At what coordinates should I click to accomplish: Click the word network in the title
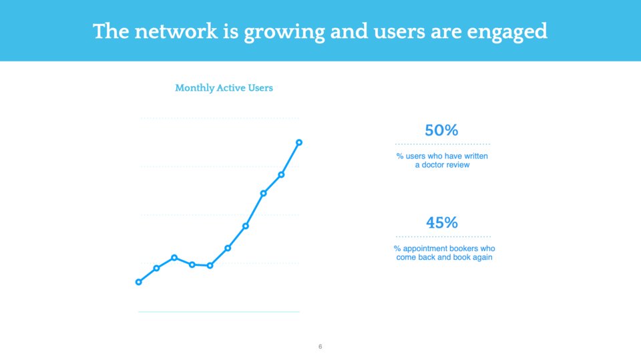point(176,31)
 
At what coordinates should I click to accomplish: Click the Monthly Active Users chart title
point(224,88)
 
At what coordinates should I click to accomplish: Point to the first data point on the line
point(139,282)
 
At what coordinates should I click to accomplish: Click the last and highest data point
point(299,142)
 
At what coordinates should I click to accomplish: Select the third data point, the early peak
point(174,258)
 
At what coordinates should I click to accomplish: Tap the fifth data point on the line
point(210,266)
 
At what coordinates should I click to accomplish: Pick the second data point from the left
point(156,268)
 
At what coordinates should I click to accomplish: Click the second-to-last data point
point(281,175)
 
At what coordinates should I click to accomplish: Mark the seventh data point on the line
point(246,226)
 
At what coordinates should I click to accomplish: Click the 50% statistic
point(441,130)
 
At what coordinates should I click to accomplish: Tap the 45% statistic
point(442,223)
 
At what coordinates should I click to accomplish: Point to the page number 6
point(320,347)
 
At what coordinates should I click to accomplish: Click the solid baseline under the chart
point(219,312)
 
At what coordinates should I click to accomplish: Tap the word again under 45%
point(483,258)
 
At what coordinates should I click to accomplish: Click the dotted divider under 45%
point(443,236)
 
